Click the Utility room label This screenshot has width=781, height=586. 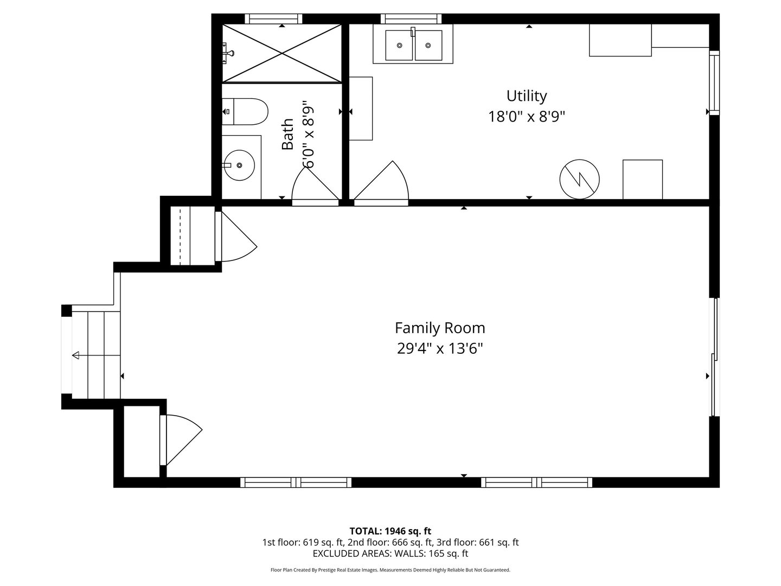coord(526,96)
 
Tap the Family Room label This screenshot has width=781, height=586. coord(440,328)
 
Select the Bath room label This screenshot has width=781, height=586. coord(287,134)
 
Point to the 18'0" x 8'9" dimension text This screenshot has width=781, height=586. coord(526,116)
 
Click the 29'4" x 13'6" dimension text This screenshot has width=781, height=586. coord(440,348)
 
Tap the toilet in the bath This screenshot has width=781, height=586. coord(245,112)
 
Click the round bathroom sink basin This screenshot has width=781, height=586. coord(239,165)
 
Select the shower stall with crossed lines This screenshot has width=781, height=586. coord(282,54)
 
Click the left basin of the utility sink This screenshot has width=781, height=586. coord(399,45)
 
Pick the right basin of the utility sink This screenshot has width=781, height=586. coord(428,45)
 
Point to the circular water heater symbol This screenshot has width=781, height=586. coord(579,179)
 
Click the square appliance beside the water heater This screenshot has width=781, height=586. coord(643,179)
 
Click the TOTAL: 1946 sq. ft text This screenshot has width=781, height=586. coord(390,531)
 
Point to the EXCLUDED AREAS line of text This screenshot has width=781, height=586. coord(390,553)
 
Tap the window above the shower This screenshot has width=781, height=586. coord(273,18)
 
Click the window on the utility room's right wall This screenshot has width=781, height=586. coord(714,82)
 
